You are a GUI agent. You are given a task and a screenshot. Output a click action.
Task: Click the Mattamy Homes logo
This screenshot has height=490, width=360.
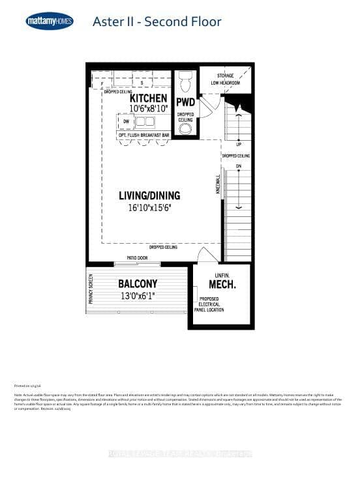click(50, 22)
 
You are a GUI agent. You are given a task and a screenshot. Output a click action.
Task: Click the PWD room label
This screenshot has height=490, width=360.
click(186, 102)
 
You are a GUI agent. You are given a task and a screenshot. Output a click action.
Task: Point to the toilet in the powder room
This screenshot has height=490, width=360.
click(185, 81)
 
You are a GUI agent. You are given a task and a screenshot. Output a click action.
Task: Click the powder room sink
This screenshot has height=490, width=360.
click(186, 128)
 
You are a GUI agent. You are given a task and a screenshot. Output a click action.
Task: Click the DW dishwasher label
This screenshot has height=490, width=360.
click(126, 121)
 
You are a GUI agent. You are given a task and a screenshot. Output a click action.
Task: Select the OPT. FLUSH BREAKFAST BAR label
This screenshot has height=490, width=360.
click(143, 134)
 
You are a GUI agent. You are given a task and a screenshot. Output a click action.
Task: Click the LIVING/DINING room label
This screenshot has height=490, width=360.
click(149, 195)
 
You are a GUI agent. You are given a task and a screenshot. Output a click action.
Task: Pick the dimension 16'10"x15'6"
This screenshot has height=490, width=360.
click(149, 208)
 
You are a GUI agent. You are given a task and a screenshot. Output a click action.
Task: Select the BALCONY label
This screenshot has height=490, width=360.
click(136, 284)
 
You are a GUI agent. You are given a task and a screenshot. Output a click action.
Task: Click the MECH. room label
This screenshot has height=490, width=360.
click(222, 285)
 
